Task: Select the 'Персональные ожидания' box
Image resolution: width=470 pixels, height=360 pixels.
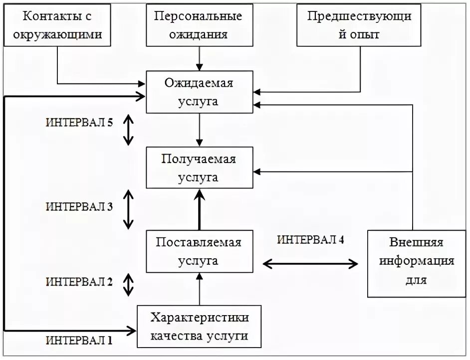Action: click(x=198, y=25)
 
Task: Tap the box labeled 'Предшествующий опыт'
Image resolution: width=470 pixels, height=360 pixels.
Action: click(x=359, y=25)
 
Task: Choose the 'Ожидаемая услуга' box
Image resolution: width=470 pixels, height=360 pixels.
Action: click(x=199, y=92)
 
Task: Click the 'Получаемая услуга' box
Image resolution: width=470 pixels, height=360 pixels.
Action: click(x=199, y=168)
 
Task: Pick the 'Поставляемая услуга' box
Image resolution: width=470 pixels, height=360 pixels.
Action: click(x=199, y=251)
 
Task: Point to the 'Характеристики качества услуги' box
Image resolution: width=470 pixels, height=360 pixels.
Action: click(x=200, y=327)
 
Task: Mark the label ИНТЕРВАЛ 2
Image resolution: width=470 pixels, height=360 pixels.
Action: click(x=79, y=282)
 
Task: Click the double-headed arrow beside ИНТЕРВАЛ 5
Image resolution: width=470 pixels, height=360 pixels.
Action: click(x=129, y=130)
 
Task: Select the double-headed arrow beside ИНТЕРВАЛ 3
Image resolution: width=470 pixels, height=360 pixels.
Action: click(x=129, y=209)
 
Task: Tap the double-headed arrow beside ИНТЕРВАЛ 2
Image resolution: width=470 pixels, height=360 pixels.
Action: click(x=129, y=284)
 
